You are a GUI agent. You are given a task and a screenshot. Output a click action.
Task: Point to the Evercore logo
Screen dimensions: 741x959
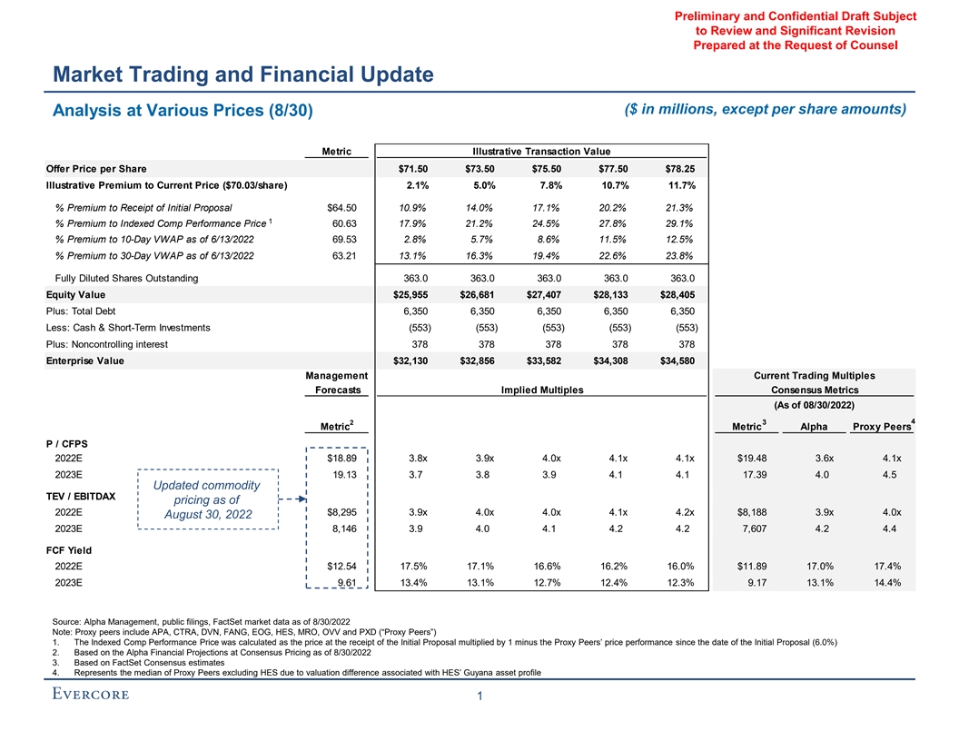point(90,696)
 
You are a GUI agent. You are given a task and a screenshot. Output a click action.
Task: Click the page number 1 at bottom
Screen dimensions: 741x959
point(479,697)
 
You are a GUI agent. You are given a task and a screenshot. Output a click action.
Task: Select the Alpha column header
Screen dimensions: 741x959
point(814,429)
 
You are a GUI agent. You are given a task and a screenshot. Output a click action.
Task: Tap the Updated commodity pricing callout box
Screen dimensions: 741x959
point(208,499)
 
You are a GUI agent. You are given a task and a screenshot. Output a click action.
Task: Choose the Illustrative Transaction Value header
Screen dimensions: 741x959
point(541,151)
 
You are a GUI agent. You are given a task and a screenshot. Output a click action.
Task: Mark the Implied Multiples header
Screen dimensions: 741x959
point(541,390)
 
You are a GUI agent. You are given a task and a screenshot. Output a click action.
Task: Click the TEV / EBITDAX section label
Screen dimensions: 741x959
point(81,496)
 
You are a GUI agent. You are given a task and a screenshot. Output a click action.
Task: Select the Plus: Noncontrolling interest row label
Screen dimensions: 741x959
point(113,344)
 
